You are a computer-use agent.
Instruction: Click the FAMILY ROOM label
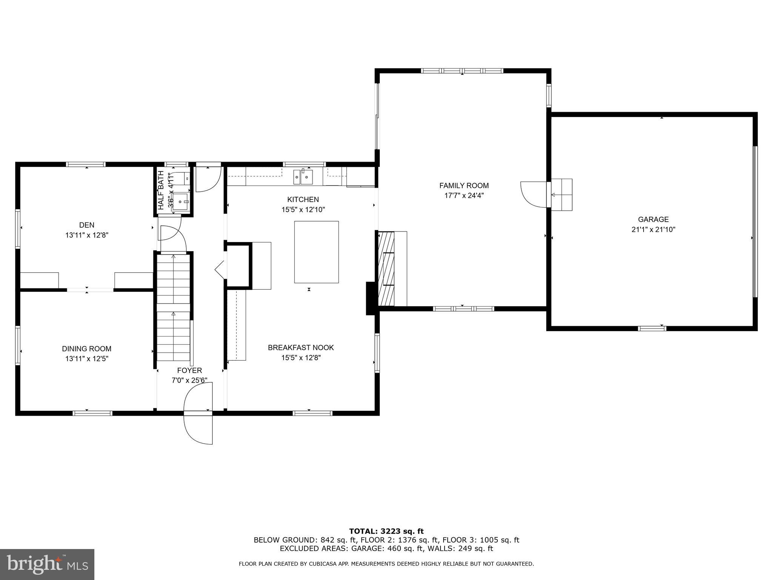[464, 185]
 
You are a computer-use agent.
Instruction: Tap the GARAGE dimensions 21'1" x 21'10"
[653, 229]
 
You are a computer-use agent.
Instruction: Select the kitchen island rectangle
[316, 252]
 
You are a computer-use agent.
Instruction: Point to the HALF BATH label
[161, 190]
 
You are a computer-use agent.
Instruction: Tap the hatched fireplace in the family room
[386, 268]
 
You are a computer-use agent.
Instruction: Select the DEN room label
[86, 225]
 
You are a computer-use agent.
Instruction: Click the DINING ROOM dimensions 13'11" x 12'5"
[87, 359]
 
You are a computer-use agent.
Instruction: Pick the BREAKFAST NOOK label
[301, 347]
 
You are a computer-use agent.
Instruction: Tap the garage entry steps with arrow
[562, 195]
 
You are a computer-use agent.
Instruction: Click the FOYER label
[189, 370]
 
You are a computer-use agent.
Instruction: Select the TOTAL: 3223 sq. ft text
[386, 531]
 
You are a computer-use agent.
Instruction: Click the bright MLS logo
[47, 564]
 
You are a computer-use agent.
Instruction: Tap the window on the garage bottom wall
[652, 329]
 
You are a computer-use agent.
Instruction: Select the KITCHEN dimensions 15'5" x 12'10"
[303, 210]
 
